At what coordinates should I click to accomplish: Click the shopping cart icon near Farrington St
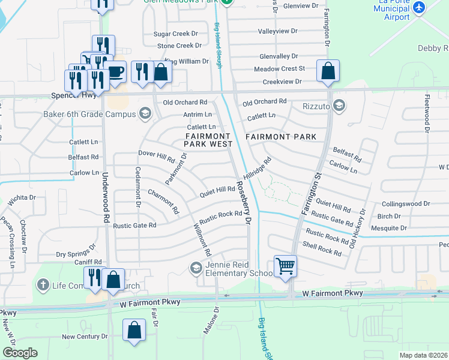coord(285,266)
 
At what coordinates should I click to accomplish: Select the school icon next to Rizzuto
coord(339,106)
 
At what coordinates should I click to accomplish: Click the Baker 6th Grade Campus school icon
coord(144,112)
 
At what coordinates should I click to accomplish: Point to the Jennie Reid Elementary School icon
coord(196,268)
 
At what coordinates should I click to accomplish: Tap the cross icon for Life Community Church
coord(42,285)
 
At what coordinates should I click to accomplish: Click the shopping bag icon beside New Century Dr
coord(134,330)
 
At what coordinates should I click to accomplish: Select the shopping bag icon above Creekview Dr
coord(328,71)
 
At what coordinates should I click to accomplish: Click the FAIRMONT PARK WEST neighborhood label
coord(208,140)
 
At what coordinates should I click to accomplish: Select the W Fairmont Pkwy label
coord(333,293)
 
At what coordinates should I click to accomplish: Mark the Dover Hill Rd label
coord(156,157)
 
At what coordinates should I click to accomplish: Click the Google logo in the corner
coord(20,352)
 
